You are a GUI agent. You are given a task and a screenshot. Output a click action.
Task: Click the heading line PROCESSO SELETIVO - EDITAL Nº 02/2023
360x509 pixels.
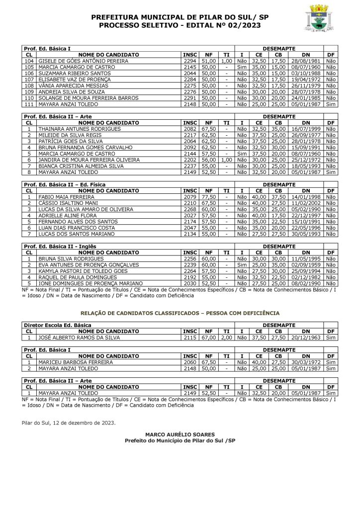180,25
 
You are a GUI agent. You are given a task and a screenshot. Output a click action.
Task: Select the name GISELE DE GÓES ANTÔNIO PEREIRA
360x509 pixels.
83,61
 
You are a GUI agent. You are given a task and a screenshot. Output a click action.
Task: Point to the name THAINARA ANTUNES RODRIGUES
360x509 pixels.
80,129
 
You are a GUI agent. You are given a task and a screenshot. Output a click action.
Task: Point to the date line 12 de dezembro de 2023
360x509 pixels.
69,423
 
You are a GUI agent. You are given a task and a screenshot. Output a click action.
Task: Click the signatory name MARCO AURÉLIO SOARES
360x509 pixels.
180,434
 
